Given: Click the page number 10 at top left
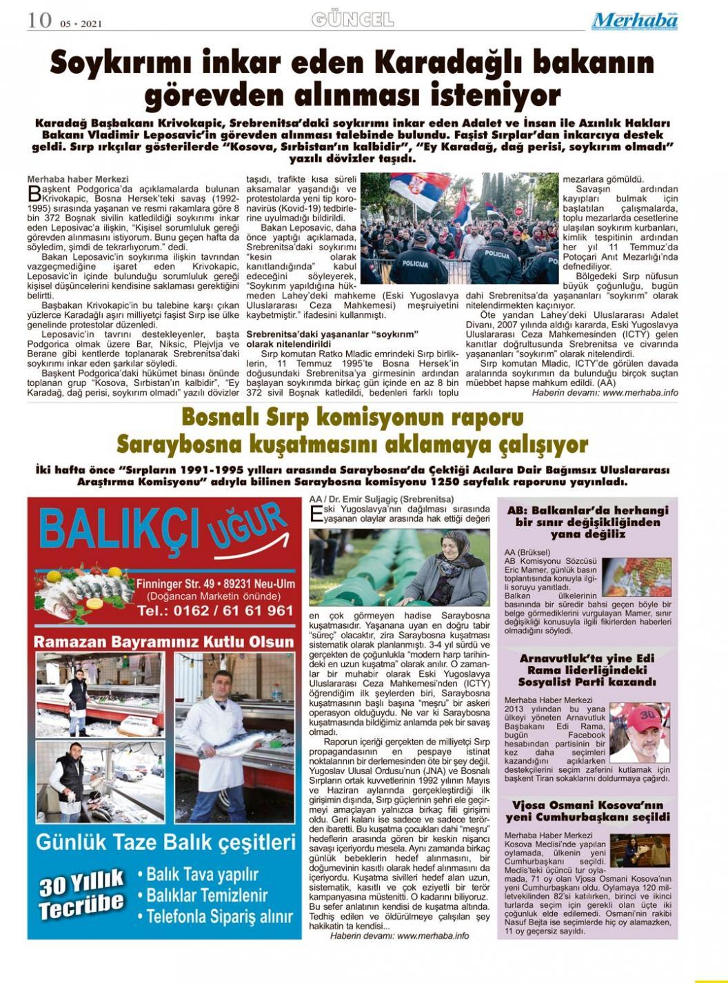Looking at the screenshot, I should (39, 20).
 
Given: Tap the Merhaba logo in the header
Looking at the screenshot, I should (634, 21).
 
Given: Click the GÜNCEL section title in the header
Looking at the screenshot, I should (352, 19).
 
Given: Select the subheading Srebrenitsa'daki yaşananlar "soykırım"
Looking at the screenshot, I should (333, 334).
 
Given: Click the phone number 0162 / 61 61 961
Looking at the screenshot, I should (214, 610).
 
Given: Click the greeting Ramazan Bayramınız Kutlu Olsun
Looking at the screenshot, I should (164, 642).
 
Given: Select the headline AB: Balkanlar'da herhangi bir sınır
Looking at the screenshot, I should (588, 522).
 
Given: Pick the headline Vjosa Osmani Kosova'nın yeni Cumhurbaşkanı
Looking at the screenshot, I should (588, 811).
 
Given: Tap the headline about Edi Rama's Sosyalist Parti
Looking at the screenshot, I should (588, 669).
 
